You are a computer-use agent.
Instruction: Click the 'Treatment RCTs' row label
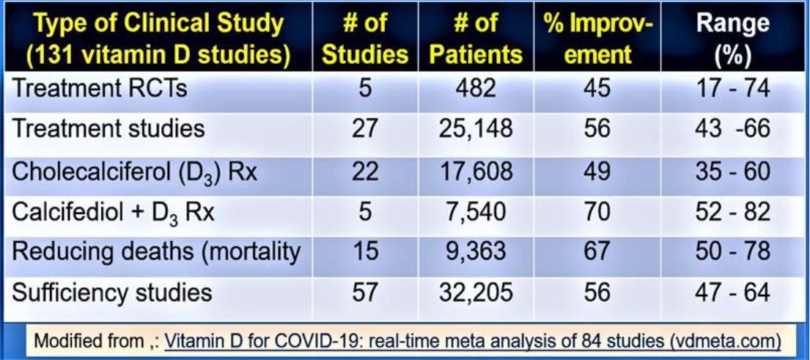pyautogui.click(x=101, y=89)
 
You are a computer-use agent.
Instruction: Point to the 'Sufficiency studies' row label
pyautogui.click(x=113, y=293)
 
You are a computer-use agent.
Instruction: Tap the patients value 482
pyautogui.click(x=476, y=89)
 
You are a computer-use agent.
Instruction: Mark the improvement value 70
pyautogui.click(x=597, y=212)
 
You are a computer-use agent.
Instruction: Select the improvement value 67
pyautogui.click(x=597, y=251)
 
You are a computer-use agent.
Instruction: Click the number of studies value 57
pyautogui.click(x=365, y=293)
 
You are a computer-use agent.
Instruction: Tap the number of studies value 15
pyautogui.click(x=365, y=251)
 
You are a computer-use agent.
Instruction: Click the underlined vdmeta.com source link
pyautogui.click(x=472, y=341)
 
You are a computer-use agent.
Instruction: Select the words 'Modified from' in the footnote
pyautogui.click(x=81, y=341)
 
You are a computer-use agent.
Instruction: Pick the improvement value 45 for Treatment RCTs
pyautogui.click(x=597, y=89)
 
